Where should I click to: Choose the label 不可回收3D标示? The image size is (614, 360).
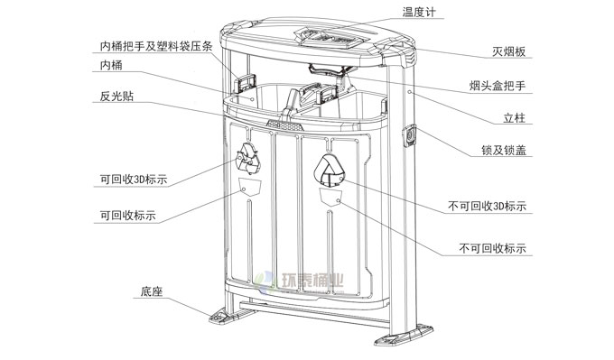[487, 206]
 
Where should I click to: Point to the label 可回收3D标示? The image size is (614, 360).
[134, 180]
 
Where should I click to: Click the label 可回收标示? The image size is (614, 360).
[128, 216]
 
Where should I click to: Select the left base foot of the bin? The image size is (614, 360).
[225, 318]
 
